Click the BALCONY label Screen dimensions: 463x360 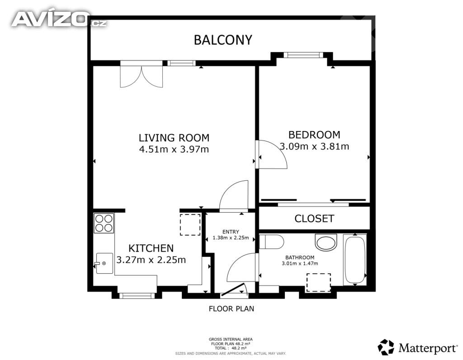pyautogui.click(x=223, y=40)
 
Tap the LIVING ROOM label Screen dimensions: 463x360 pyautogui.click(x=174, y=138)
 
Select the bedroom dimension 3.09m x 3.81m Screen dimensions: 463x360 pyautogui.click(x=314, y=146)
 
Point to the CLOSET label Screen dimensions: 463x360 pyautogui.click(x=314, y=218)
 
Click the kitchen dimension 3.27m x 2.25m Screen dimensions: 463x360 pyautogui.click(x=151, y=260)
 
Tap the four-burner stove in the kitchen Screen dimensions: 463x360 pyautogui.click(x=104, y=223)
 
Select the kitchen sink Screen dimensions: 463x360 pyautogui.click(x=104, y=263)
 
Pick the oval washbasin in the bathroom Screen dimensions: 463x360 pyautogui.click(x=326, y=242)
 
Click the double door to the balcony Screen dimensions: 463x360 pyautogui.click(x=142, y=76)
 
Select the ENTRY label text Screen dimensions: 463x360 pyautogui.click(x=231, y=232)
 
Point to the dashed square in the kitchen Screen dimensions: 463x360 pyautogui.click(x=190, y=224)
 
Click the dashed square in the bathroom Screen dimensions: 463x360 pyautogui.click(x=319, y=283)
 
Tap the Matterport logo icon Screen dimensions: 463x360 pyautogui.click(x=386, y=347)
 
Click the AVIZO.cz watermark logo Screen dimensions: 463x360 pyautogui.click(x=59, y=19)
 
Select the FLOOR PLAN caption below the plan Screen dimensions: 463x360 pyautogui.click(x=231, y=309)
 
